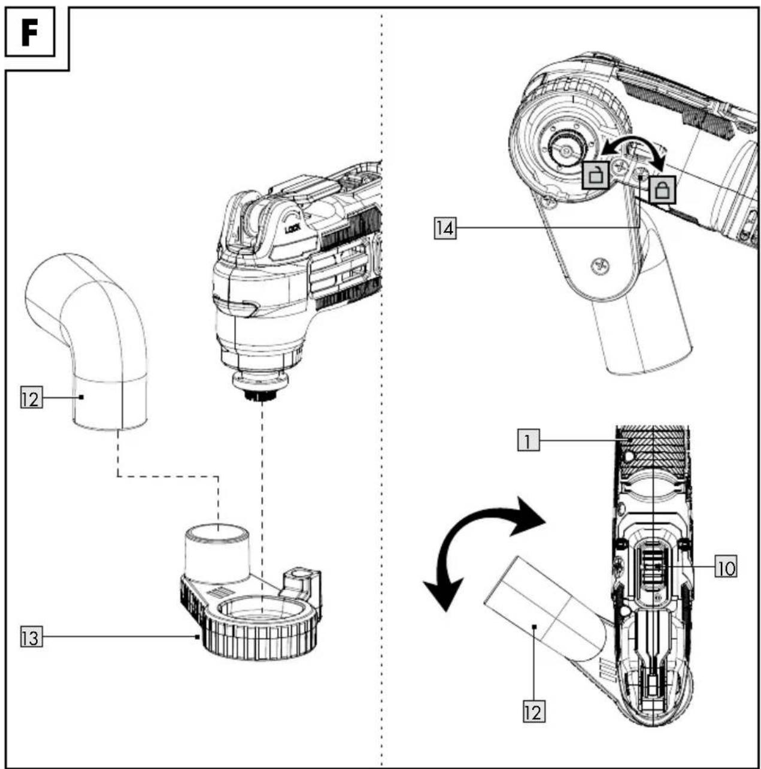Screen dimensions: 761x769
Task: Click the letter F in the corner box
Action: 29,32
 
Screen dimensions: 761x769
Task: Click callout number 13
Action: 31,637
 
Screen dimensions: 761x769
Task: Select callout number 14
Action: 445,228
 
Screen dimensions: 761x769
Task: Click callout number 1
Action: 528,440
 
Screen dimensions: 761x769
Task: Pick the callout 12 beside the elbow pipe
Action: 31,398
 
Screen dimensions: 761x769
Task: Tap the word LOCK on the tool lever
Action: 292,229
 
